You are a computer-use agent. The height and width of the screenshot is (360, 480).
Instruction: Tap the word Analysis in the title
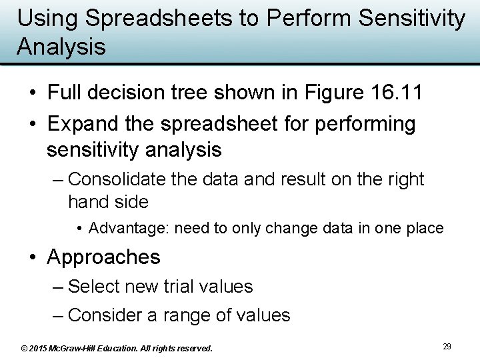(61, 47)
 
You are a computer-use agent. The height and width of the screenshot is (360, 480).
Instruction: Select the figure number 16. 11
(399, 93)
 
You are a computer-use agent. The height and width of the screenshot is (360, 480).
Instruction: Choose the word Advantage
(129, 229)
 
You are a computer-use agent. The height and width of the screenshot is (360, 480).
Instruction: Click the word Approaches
(104, 257)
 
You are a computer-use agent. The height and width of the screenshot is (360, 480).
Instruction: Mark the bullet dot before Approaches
(33, 257)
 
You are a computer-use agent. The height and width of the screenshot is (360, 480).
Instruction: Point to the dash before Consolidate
(57, 180)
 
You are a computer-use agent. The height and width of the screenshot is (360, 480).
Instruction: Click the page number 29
(447, 347)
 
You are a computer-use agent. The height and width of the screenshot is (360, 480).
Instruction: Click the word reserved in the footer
(195, 349)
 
